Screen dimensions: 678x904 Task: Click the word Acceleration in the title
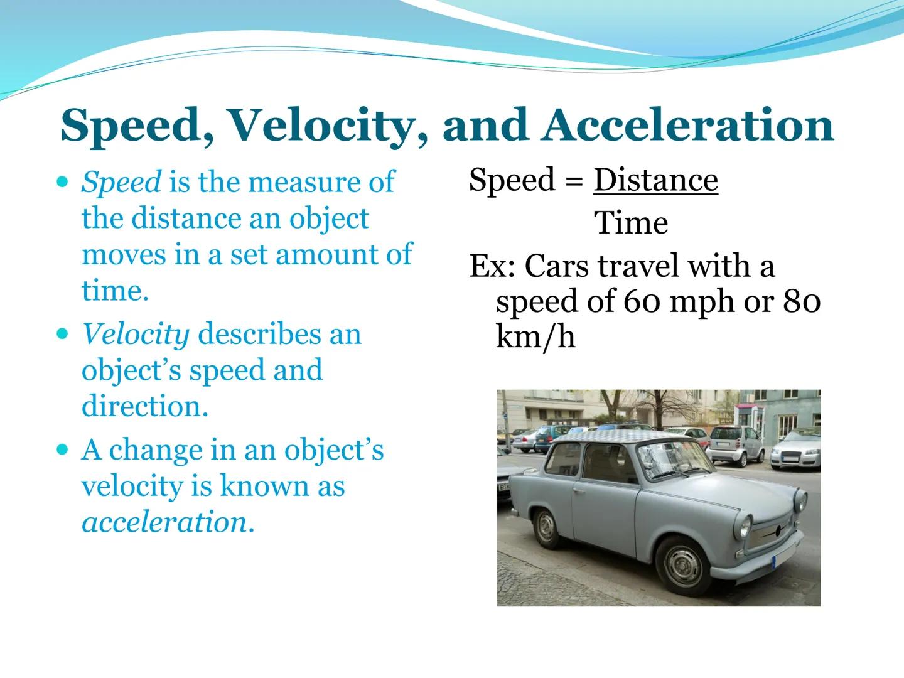689,124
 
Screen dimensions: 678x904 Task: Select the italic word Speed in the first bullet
121,182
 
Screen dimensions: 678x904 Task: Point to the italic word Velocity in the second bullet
136,334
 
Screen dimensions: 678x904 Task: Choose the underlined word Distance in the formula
655,180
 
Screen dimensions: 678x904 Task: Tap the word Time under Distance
631,223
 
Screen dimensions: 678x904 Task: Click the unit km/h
535,337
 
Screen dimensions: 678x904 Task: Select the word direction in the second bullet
144,406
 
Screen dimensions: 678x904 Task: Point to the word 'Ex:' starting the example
492,266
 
